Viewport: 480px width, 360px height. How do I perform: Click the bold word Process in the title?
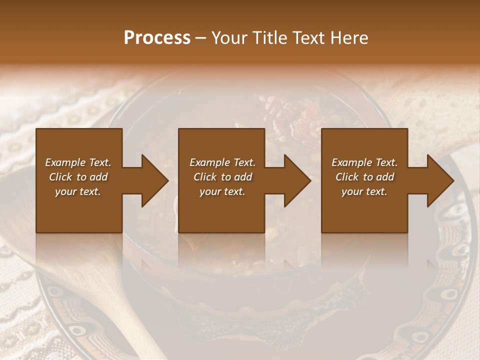pyautogui.click(x=157, y=38)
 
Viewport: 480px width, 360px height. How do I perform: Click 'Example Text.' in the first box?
pyautogui.click(x=78, y=162)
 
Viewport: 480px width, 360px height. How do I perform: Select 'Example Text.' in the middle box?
pyautogui.click(x=222, y=162)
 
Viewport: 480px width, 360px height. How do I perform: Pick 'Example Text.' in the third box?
pyautogui.click(x=364, y=162)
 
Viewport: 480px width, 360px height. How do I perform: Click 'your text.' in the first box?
pyautogui.click(x=78, y=191)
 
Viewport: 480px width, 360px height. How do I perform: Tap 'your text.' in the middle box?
pyautogui.click(x=222, y=191)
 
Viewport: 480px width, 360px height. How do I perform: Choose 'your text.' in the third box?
pyautogui.click(x=364, y=191)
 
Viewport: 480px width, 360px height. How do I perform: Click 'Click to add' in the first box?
pyautogui.click(x=78, y=177)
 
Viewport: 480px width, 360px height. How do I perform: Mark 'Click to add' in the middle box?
pyautogui.click(x=222, y=177)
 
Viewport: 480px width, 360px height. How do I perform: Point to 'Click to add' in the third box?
pyautogui.click(x=364, y=177)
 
